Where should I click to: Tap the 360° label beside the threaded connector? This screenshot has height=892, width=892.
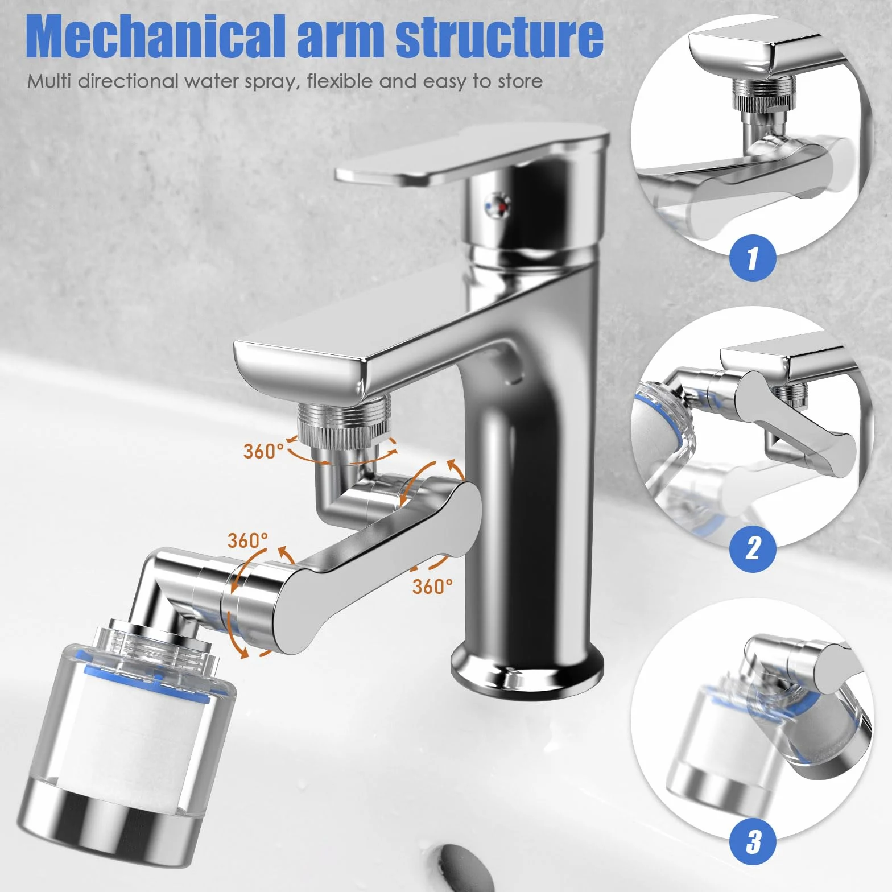(263, 451)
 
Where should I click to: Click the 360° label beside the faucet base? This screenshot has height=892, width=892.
(433, 586)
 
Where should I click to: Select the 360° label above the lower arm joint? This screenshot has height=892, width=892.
(247, 540)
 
